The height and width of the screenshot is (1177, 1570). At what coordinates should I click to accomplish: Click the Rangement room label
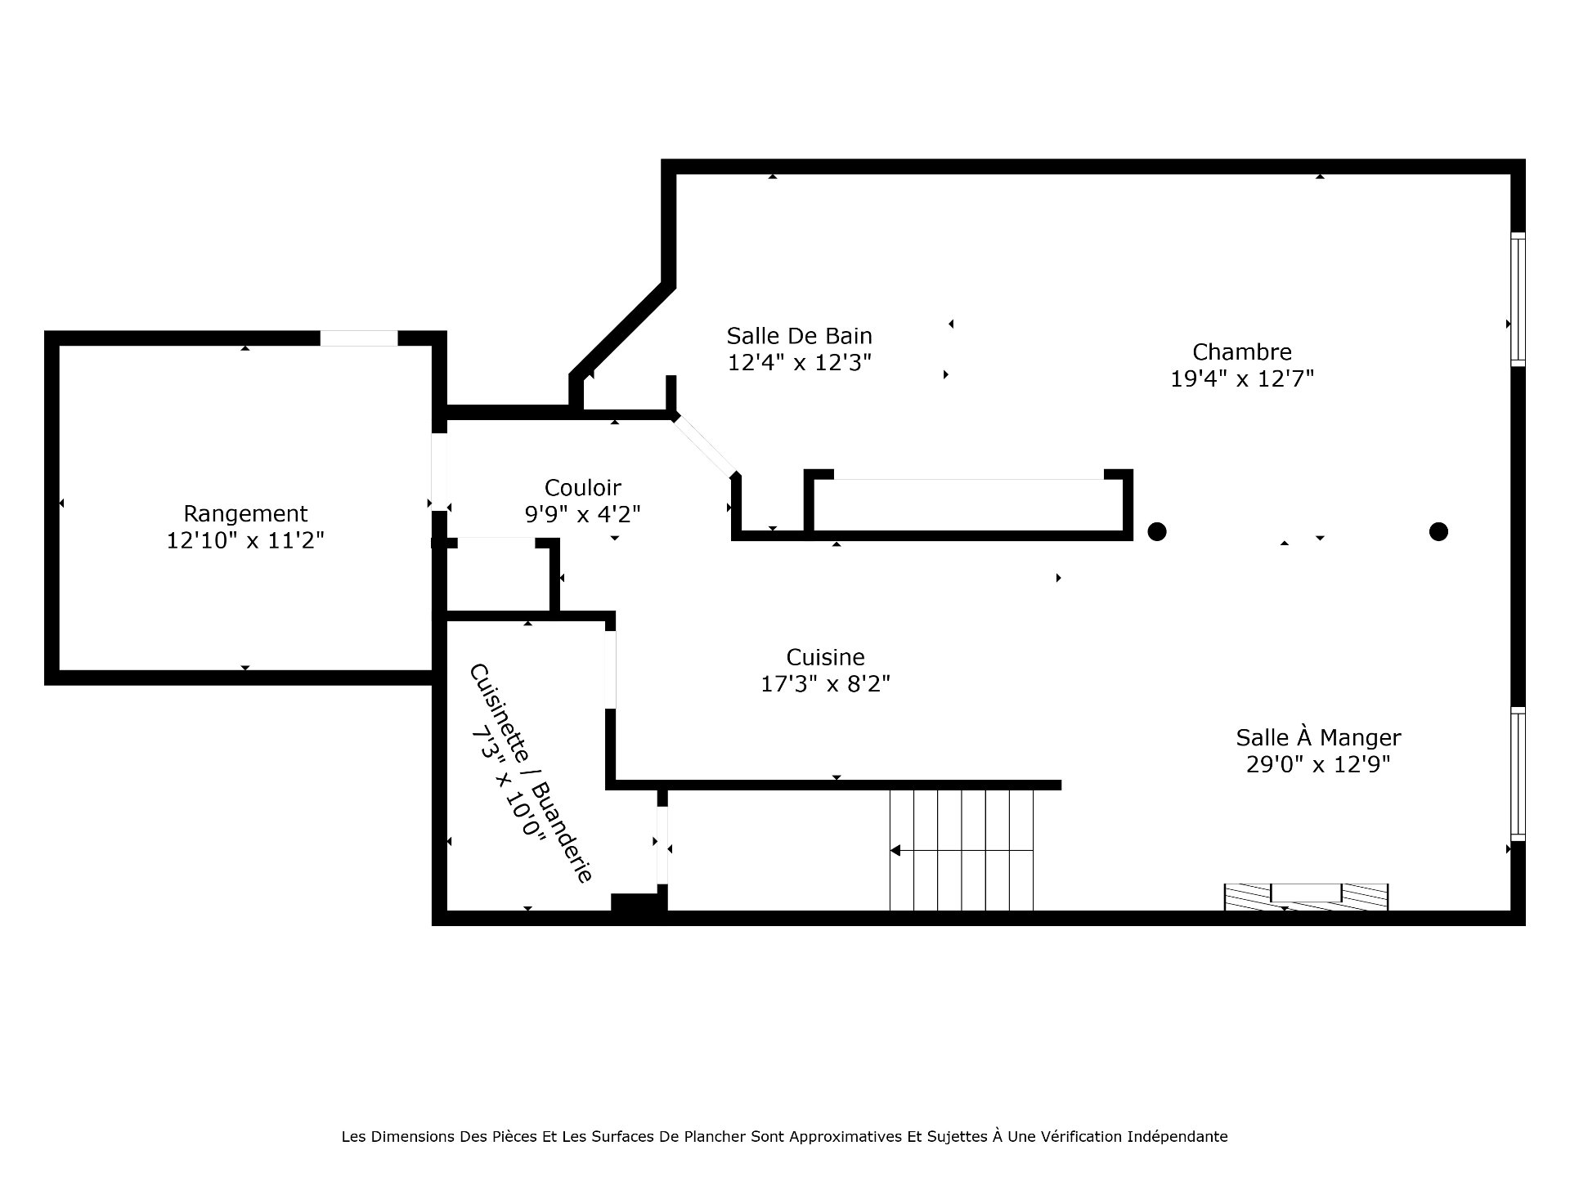point(245,514)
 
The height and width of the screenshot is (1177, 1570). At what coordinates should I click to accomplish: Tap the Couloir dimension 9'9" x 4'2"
point(582,514)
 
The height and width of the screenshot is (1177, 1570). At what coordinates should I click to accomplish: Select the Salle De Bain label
point(799,336)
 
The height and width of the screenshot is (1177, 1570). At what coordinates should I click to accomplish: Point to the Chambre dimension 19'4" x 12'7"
point(1242,378)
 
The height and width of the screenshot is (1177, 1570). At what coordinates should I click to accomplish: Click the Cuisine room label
point(825,657)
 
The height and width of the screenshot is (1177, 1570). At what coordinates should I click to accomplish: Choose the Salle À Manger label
point(1318,737)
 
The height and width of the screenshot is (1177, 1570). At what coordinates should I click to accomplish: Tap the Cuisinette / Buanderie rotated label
point(530,772)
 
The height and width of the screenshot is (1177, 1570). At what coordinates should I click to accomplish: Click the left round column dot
point(1156,531)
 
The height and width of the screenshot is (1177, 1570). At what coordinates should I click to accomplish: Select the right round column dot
point(1438,531)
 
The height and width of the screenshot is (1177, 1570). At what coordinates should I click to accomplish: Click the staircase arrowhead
point(895,851)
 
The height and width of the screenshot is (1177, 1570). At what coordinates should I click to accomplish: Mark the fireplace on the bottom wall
point(1306,897)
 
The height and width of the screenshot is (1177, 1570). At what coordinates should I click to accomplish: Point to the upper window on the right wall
point(1518,299)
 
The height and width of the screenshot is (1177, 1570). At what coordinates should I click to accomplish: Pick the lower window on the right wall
point(1518,774)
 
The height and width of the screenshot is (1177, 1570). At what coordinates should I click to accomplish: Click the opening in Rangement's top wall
point(358,338)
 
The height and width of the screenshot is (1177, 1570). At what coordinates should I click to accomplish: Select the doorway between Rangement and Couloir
point(439,472)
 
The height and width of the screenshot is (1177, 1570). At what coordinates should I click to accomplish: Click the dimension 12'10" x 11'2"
point(245,540)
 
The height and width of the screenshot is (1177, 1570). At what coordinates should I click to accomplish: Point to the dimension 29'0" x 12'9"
point(1318,764)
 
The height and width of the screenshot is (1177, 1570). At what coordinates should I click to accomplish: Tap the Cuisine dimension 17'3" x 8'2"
point(825,683)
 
